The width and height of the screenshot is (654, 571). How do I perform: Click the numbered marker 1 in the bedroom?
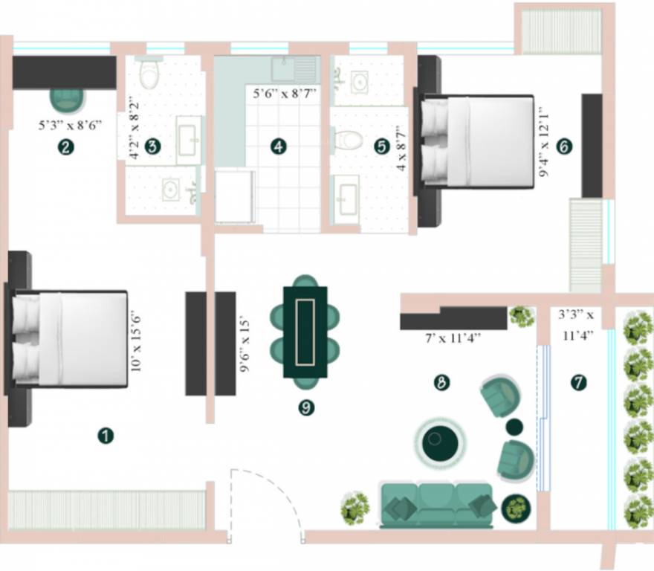point(106,436)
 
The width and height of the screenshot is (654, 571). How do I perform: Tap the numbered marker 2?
point(67,147)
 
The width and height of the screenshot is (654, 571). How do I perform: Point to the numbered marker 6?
point(563,147)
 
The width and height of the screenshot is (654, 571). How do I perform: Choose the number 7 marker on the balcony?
point(578,383)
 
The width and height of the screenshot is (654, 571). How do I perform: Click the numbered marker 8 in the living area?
point(441,383)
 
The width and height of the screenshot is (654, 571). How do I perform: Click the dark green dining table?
point(305,332)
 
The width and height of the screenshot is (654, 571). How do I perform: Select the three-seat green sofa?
point(436,504)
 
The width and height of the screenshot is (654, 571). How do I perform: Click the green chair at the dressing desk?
point(67,100)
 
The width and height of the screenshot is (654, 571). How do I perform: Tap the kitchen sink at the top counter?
point(285,69)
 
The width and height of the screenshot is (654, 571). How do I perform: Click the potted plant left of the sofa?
point(355,509)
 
